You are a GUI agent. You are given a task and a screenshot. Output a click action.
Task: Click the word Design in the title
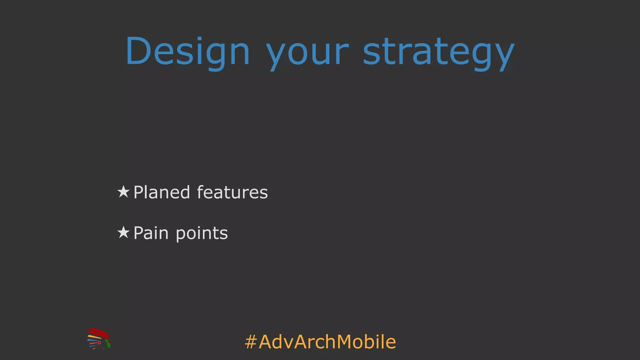187,52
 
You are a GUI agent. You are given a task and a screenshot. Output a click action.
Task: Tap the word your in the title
307,53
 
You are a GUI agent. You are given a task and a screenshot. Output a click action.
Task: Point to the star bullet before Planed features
123,192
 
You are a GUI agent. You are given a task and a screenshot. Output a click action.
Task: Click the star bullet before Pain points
123,232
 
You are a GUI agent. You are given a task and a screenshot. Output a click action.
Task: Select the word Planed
162,192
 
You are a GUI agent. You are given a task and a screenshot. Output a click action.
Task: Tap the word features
232,192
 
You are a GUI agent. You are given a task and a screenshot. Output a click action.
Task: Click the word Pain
151,233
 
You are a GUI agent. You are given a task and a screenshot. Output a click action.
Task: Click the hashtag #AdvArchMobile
320,342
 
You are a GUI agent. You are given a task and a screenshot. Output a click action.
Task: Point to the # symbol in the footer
251,342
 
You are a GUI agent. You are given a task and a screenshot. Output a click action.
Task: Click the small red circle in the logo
99,343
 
